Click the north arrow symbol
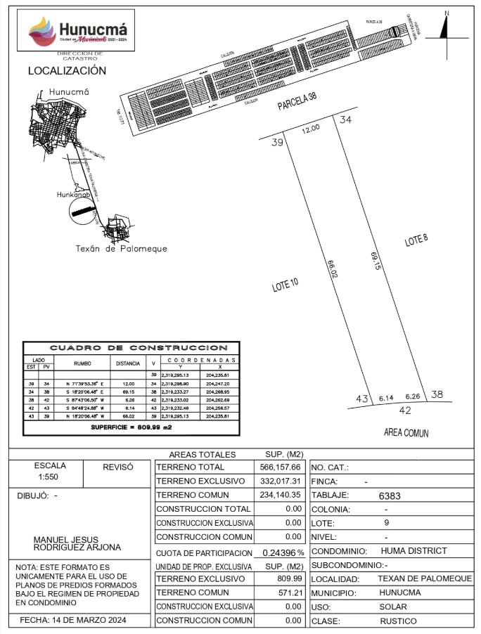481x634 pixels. (x=444, y=28)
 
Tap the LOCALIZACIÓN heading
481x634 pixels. (x=67, y=71)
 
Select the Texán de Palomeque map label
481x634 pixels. (x=121, y=249)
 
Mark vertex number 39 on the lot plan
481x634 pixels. (x=277, y=143)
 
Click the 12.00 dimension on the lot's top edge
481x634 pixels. (x=311, y=128)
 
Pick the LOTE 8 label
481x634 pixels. (x=416, y=240)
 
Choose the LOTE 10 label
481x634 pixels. (x=286, y=285)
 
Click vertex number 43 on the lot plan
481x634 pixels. (x=361, y=399)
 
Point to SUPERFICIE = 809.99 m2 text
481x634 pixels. (x=132, y=427)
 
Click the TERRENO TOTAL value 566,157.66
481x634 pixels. (x=281, y=467)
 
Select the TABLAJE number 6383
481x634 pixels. (x=390, y=496)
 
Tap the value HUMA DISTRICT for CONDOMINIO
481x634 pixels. (x=413, y=551)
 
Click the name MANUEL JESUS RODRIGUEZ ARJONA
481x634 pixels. (x=77, y=543)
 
